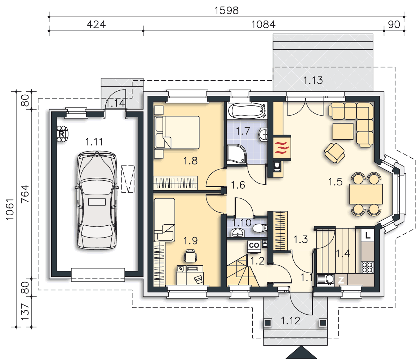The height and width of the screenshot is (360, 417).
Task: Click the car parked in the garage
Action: click(97, 200)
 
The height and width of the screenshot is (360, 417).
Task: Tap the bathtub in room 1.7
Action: click(247, 111)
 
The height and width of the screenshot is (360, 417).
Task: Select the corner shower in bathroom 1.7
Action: click(236, 154)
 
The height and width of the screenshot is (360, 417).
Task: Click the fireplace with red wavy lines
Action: click(282, 148)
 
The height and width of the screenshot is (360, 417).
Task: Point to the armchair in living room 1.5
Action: click(334, 153)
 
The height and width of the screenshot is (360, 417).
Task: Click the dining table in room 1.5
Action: click(366, 194)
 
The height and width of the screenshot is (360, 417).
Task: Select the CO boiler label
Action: click(254, 245)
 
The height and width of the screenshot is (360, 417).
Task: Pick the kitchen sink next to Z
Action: click(326, 279)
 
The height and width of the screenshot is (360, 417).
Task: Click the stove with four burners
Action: click(368, 267)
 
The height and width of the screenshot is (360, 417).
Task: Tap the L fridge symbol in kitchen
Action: click(368, 235)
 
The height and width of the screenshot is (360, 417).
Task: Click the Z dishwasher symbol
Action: click(341, 280)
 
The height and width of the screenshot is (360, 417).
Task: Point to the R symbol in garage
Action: click(61, 134)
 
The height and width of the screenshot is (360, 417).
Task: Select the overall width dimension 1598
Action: click(227, 10)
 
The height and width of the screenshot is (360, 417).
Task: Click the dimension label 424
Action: click(96, 24)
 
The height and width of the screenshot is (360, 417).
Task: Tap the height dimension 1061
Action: click(10, 209)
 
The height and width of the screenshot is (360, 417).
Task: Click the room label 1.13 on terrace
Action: click(313, 80)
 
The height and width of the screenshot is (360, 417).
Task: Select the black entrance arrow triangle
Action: click(301, 352)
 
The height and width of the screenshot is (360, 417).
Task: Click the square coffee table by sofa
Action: click(343, 131)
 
